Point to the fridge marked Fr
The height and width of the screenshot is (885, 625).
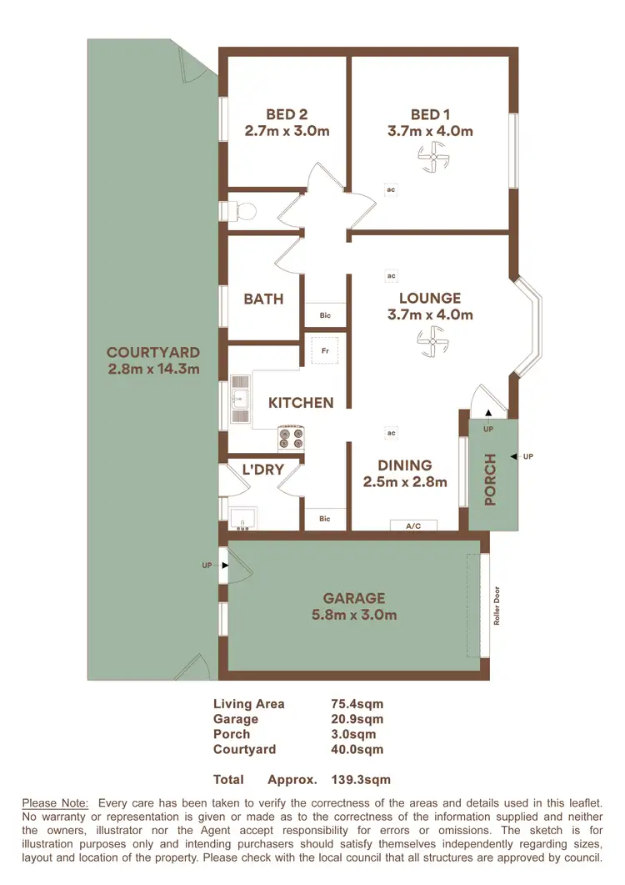pos(323,349)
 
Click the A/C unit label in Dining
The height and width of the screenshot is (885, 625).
pos(413,525)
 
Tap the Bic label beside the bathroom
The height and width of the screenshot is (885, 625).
pos(325,315)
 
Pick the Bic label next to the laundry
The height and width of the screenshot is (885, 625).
pos(325,519)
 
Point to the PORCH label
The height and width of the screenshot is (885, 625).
pos(491,480)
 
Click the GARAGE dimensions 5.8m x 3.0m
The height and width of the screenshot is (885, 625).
pos(354,616)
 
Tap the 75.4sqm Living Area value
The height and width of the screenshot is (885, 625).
pos(357,704)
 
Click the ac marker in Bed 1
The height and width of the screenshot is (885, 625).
pos(390,189)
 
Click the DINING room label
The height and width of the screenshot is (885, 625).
pos(404,465)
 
